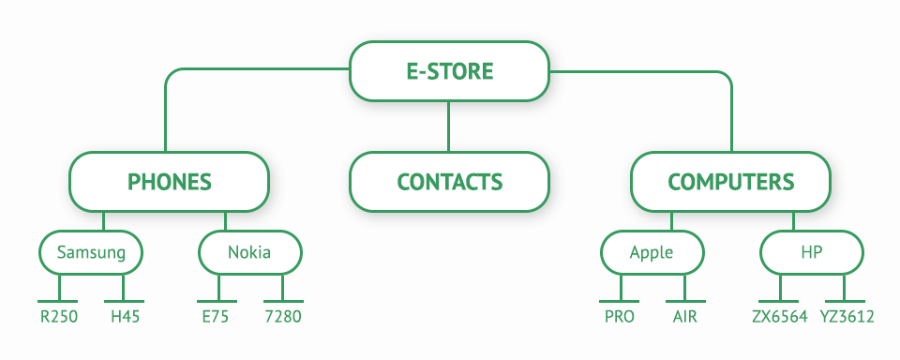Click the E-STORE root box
(x=449, y=71)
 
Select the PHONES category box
(x=169, y=182)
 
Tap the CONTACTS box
(x=449, y=182)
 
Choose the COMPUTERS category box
(x=730, y=182)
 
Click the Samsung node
(x=91, y=252)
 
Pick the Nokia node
(x=249, y=252)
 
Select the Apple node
(x=652, y=252)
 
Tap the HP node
(x=811, y=252)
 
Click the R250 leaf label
(x=59, y=317)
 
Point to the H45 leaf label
(x=125, y=317)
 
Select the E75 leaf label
(x=216, y=317)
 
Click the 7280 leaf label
(x=283, y=317)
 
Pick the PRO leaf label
(x=620, y=317)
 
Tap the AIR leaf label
(x=684, y=317)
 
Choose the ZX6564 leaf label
(x=779, y=317)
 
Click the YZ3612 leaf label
(x=847, y=317)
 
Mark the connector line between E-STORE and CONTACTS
(x=449, y=127)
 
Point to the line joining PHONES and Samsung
(x=104, y=222)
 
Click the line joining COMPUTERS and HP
(x=793, y=222)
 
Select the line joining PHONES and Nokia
(x=226, y=222)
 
